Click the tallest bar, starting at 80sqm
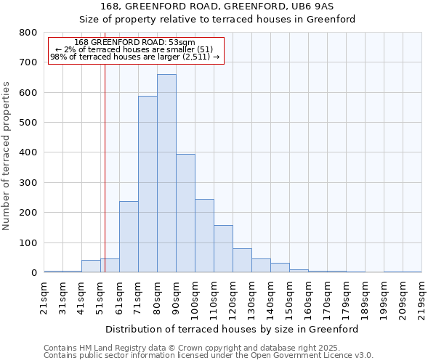pos(166,174)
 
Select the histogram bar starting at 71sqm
pos(148,184)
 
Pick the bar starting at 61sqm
pos(129,237)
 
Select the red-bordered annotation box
pos(135,49)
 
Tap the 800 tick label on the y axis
pos(28,33)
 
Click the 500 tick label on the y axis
pos(28,123)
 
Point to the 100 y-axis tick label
pos(28,242)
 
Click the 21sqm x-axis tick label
pos(44,295)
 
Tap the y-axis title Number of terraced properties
pos(7,155)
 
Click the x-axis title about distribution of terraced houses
pos(232,329)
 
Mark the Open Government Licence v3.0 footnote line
pos(209,356)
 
